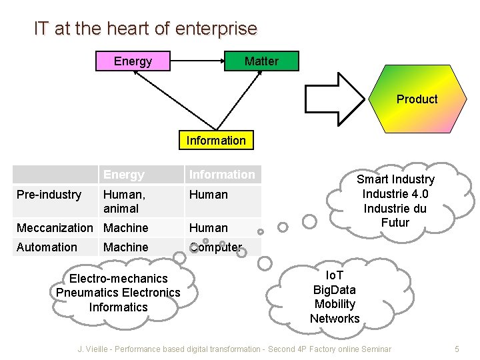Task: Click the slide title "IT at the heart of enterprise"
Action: pyautogui.click(x=145, y=29)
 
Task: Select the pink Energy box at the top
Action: pyautogui.click(x=133, y=61)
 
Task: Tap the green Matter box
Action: pyautogui.click(x=261, y=61)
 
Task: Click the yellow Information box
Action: pyautogui.click(x=216, y=140)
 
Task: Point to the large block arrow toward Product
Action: pyautogui.click(x=336, y=99)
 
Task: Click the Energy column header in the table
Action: pyautogui.click(x=124, y=175)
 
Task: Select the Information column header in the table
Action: pyautogui.click(x=222, y=175)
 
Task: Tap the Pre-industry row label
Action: pyautogui.click(x=49, y=195)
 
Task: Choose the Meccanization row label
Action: pyautogui.click(x=55, y=228)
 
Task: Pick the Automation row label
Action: pyautogui.click(x=47, y=247)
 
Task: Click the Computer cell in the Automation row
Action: pyautogui.click(x=215, y=247)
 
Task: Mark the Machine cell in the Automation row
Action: pyautogui.click(x=126, y=247)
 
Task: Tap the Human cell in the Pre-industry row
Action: pyautogui.click(x=209, y=195)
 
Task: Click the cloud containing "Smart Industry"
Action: pyautogui.click(x=395, y=201)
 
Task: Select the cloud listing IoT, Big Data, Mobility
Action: pyautogui.click(x=335, y=297)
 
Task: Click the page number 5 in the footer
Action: pyautogui.click(x=457, y=349)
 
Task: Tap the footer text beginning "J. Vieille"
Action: pyautogui.click(x=234, y=349)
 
